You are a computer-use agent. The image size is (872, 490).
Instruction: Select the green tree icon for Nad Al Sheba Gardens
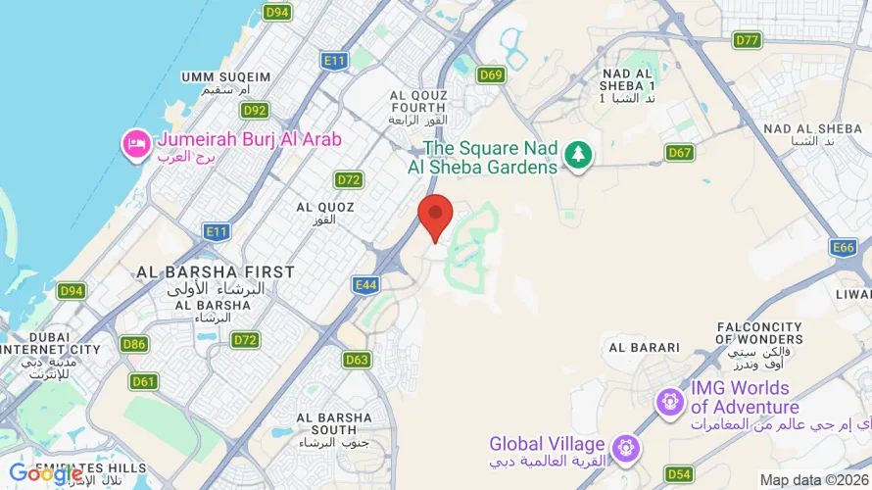(x=579, y=154)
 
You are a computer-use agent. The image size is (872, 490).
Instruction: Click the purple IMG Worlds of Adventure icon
(x=670, y=401)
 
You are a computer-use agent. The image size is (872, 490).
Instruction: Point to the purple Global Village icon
(x=623, y=449)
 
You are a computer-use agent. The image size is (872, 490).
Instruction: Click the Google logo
(x=46, y=474)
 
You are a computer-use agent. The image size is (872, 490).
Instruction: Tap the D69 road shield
(x=491, y=74)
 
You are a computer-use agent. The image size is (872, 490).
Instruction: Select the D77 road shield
(x=748, y=40)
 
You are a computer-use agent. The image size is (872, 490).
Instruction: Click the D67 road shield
(x=679, y=152)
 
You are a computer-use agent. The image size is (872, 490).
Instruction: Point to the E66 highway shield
(x=843, y=248)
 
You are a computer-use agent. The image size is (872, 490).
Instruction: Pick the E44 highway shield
(x=365, y=285)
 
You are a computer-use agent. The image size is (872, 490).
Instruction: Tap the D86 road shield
(x=134, y=344)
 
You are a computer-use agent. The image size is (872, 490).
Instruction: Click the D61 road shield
(x=144, y=381)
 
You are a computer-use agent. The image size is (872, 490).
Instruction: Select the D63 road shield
(x=358, y=360)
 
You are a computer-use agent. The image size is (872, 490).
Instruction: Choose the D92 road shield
(x=255, y=111)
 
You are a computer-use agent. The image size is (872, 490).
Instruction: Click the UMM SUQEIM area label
(x=225, y=77)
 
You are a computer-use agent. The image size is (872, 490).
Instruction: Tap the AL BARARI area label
(x=644, y=347)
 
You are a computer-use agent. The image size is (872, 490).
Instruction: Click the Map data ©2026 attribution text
(x=814, y=479)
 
